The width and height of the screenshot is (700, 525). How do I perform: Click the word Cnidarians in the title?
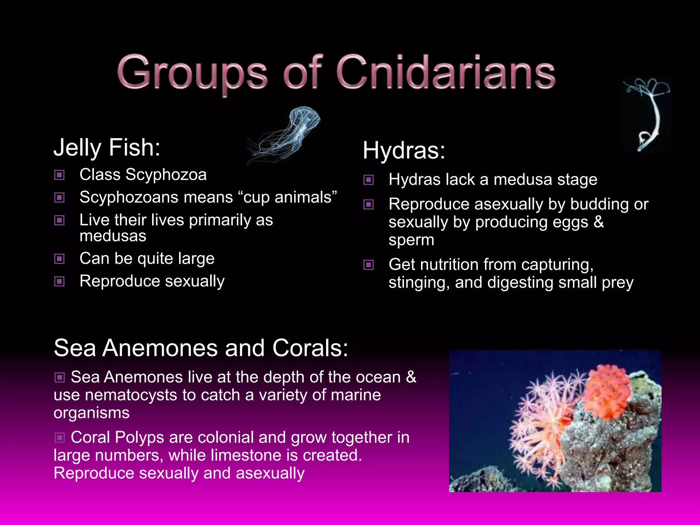(x=446, y=72)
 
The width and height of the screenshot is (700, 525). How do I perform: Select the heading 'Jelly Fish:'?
(x=107, y=148)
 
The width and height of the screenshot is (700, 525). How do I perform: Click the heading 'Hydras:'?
(x=404, y=150)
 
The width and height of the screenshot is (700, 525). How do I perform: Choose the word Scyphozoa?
(x=166, y=175)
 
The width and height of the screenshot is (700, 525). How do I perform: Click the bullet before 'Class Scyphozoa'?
(x=59, y=175)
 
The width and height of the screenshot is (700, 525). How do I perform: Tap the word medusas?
(x=113, y=236)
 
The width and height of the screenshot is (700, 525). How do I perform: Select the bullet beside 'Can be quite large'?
(x=59, y=259)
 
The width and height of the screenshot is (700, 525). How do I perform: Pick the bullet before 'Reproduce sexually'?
(x=59, y=282)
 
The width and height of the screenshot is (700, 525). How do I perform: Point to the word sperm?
(x=411, y=240)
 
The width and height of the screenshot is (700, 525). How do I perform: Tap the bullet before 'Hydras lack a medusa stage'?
(x=368, y=180)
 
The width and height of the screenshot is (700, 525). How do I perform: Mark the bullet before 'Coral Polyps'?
(x=59, y=437)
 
